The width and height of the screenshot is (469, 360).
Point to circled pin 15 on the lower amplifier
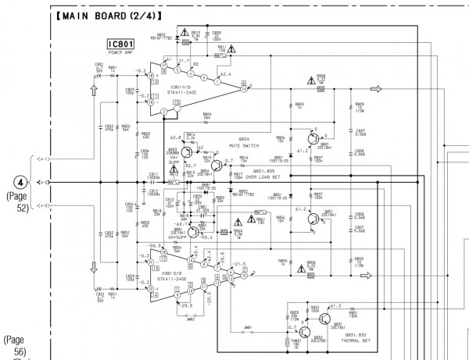244,274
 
